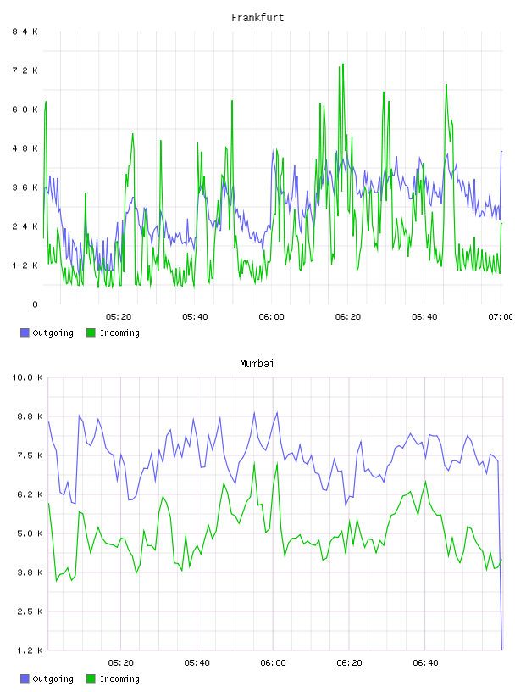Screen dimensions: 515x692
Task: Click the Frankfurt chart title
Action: click(x=257, y=18)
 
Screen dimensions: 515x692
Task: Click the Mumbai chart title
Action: click(x=257, y=364)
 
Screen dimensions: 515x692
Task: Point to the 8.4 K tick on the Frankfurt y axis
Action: click(x=25, y=31)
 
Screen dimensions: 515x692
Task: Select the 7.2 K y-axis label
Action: click(x=25, y=70)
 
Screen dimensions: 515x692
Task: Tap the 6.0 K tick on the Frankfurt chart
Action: click(x=25, y=109)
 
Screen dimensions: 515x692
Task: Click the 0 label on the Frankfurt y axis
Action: click(x=35, y=304)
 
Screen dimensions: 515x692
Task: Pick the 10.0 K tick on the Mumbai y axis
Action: click(x=27, y=377)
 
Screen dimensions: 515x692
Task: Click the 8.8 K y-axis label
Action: click(x=30, y=416)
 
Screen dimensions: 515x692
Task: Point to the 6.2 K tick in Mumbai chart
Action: click(x=30, y=494)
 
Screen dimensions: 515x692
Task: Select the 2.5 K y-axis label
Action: click(x=30, y=611)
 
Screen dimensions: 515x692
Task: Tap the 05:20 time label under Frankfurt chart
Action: click(x=119, y=317)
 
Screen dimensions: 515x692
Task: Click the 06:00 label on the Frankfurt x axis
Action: click(x=272, y=317)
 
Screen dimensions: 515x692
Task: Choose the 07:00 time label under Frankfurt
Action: click(x=501, y=317)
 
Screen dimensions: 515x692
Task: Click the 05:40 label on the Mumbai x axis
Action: click(x=197, y=663)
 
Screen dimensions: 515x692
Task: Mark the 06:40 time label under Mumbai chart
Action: click(x=425, y=663)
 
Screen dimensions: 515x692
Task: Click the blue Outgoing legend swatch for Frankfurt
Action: click(x=25, y=332)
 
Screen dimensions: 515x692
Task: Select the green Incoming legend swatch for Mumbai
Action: click(x=91, y=678)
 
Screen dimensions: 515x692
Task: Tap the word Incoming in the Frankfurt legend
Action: click(x=119, y=333)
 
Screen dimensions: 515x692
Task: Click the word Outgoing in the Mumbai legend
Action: click(x=53, y=679)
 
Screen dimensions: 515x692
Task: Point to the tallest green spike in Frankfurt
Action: click(x=343, y=64)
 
